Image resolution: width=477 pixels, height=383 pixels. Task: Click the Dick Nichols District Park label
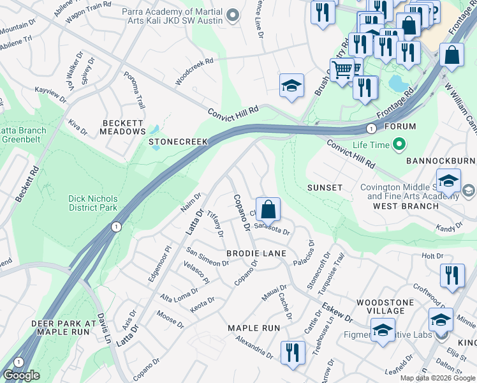pyautogui.click(x=93, y=203)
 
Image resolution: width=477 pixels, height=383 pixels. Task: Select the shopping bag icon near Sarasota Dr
pyautogui.click(x=269, y=209)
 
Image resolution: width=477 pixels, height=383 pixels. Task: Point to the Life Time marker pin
pyautogui.click(x=400, y=145)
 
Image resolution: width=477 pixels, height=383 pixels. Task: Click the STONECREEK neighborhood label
pyautogui.click(x=179, y=141)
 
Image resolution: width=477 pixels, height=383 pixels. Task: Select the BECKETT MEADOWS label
pyautogui.click(x=123, y=126)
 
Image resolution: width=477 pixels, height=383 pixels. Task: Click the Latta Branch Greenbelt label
pyautogui.click(x=23, y=135)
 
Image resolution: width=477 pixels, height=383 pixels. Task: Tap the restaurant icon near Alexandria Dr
pyautogui.click(x=293, y=352)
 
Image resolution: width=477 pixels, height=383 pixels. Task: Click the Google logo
pyautogui.click(x=21, y=375)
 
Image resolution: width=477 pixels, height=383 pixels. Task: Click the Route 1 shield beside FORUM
pyautogui.click(x=370, y=128)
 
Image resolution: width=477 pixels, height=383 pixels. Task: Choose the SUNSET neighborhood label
pyautogui.click(x=325, y=188)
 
